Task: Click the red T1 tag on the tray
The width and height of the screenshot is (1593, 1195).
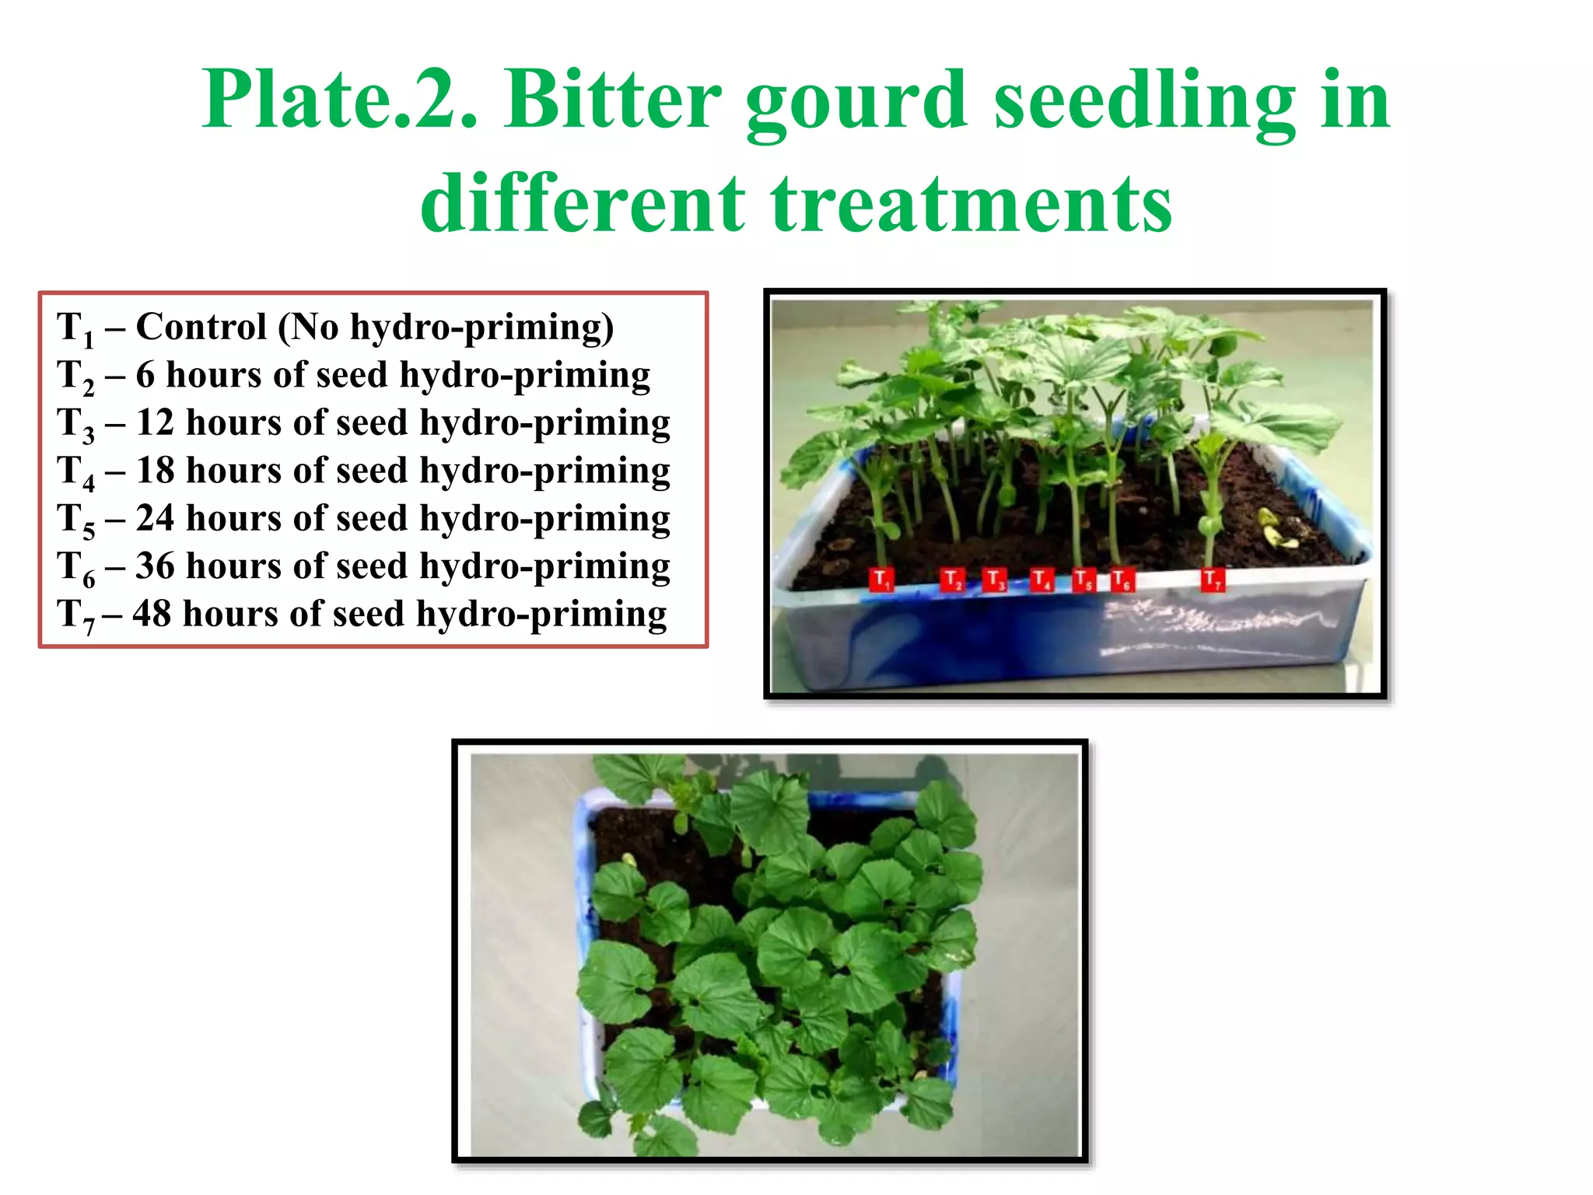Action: pyautogui.click(x=881, y=580)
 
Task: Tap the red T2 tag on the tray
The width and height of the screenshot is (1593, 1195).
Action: pyautogui.click(x=953, y=580)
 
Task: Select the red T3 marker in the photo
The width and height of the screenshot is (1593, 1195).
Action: pyautogui.click(x=995, y=580)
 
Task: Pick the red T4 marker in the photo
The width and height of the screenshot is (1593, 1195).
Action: pyautogui.click(x=1042, y=580)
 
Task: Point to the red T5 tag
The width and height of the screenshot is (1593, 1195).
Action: pyautogui.click(x=1084, y=580)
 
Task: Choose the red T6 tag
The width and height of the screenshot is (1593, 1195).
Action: pyautogui.click(x=1122, y=580)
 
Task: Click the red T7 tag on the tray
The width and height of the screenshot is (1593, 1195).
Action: pyautogui.click(x=1213, y=580)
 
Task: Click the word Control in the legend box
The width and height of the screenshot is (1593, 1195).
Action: pyautogui.click(x=201, y=327)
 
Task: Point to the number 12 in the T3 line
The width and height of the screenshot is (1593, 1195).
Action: pyautogui.click(x=155, y=423)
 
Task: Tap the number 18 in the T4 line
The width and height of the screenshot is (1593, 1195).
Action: pyautogui.click(x=155, y=471)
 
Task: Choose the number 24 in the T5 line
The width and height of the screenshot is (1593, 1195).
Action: pyautogui.click(x=155, y=519)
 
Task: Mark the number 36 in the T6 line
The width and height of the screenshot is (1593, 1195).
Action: pyautogui.click(x=155, y=566)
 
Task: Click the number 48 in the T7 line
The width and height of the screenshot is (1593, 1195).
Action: pyautogui.click(x=152, y=615)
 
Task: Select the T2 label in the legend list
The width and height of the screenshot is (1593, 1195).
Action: pyautogui.click(x=75, y=377)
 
